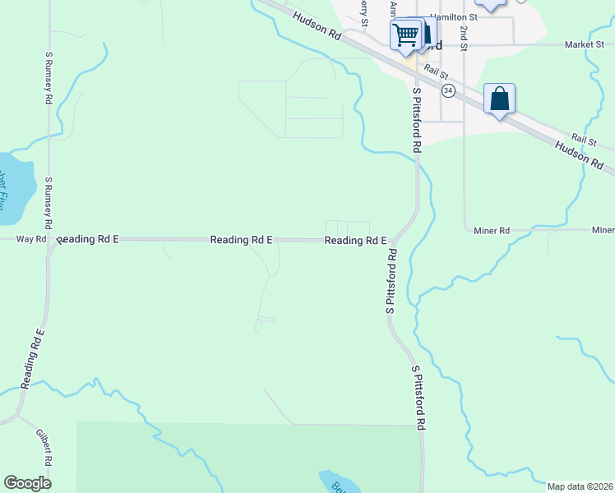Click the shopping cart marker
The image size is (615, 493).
(405, 35)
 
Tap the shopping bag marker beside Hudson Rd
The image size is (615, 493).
(499, 99)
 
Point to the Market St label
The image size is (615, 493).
(585, 44)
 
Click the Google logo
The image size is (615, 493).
(27, 483)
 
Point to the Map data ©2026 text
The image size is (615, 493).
(580, 486)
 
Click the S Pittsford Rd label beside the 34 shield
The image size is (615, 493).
(417, 120)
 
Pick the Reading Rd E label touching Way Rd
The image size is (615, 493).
(88, 239)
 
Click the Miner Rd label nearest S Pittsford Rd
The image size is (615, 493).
(492, 231)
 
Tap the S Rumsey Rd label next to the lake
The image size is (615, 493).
(49, 203)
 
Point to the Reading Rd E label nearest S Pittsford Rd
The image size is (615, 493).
(355, 241)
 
